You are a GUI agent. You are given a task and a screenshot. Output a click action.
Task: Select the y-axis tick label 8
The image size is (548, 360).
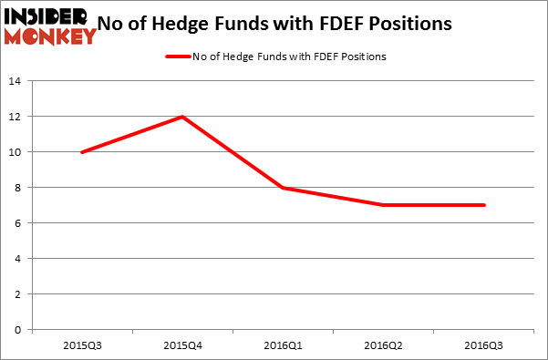tap(18, 188)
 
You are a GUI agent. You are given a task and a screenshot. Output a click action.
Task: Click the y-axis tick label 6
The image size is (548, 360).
tap(18, 223)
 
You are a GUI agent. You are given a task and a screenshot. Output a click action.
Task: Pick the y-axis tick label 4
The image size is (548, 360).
tap(18, 259)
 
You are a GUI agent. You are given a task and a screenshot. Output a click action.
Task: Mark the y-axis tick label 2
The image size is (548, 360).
tap(18, 294)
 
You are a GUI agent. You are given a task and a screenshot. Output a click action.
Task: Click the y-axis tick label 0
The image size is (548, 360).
tap(18, 330)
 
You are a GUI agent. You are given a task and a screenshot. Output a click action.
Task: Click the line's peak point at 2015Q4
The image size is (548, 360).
tap(182, 117)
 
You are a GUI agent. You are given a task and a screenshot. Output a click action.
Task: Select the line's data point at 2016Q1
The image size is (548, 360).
tap(283, 188)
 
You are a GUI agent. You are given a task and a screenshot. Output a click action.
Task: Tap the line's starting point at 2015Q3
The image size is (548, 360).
tap(82, 152)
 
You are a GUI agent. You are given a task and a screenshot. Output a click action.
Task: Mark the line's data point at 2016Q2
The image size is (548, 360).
tap(383, 205)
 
